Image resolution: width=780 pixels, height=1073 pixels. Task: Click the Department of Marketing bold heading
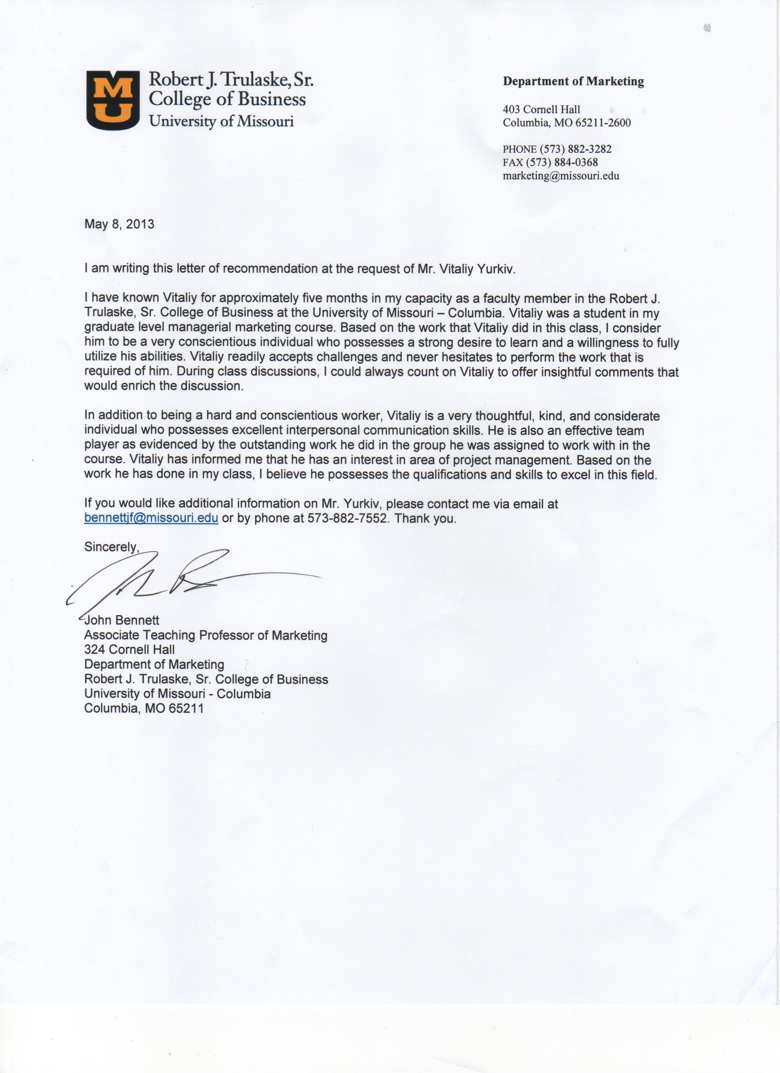pyautogui.click(x=573, y=81)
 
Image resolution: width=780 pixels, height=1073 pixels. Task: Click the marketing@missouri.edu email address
pyautogui.click(x=561, y=176)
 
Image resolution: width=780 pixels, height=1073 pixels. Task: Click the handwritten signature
pyautogui.click(x=189, y=580)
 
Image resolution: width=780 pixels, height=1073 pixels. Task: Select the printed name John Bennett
pyautogui.click(x=122, y=620)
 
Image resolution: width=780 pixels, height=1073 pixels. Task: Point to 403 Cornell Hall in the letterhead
pyautogui.click(x=541, y=109)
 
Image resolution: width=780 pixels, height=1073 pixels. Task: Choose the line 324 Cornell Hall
pyautogui.click(x=129, y=650)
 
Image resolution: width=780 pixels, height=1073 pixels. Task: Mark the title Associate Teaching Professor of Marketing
pyautogui.click(x=206, y=635)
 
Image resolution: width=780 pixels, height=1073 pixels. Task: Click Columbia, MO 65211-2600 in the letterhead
pyautogui.click(x=566, y=123)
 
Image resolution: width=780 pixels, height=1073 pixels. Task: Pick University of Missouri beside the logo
pyautogui.click(x=221, y=122)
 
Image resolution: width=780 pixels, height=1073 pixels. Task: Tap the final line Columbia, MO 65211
pyautogui.click(x=144, y=708)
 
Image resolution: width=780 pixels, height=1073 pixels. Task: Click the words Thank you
pyautogui.click(x=425, y=518)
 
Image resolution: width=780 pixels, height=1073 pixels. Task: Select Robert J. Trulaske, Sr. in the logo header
pyautogui.click(x=231, y=79)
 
